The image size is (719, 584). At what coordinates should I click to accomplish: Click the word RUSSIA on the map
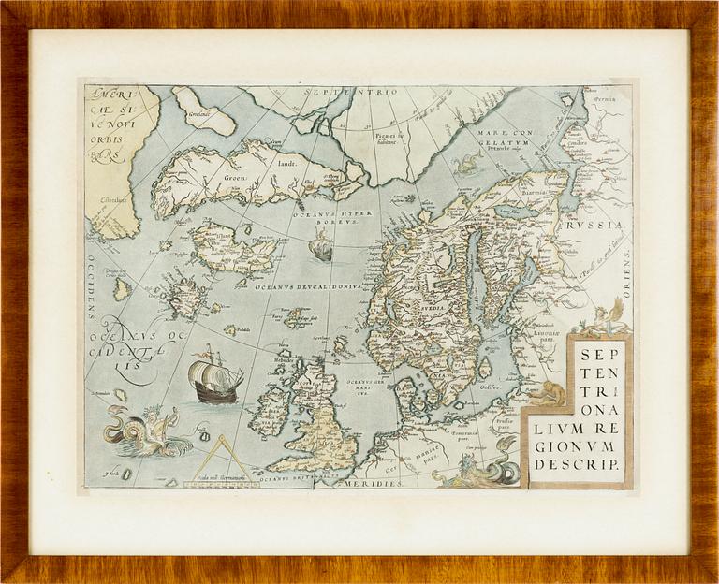click(x=599, y=226)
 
